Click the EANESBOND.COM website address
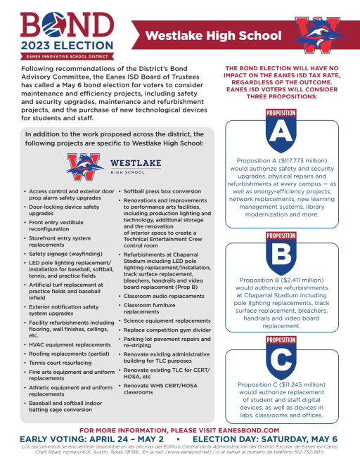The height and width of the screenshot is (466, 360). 245,429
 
